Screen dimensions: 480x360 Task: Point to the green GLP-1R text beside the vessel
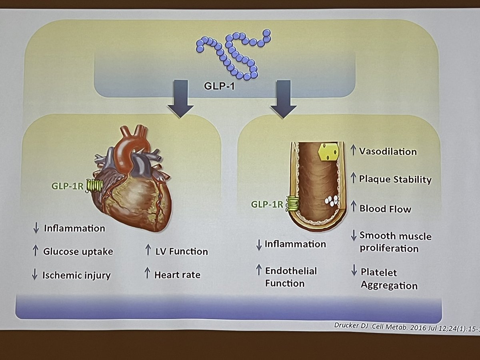[x=267, y=204]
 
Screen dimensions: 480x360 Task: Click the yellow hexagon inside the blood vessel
[x=328, y=152]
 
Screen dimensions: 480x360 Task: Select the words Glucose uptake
[x=78, y=252]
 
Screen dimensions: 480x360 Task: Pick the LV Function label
[x=182, y=252]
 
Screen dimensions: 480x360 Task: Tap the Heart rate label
[x=177, y=275]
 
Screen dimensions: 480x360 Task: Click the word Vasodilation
[x=388, y=152]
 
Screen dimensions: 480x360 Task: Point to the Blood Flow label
[x=385, y=208]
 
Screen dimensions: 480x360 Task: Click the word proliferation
[x=389, y=248]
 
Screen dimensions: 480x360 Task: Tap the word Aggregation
[x=389, y=285]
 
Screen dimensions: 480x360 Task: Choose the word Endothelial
[x=291, y=271]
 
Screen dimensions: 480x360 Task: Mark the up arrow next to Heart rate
[x=146, y=274]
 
